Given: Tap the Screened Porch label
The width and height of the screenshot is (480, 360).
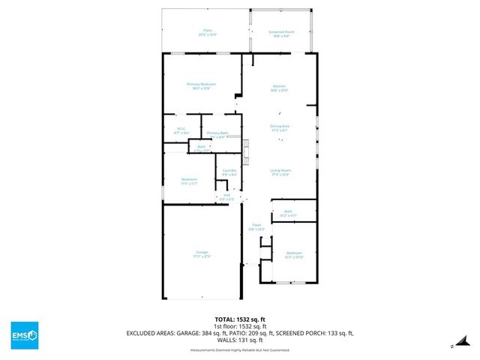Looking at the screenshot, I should point(281,32).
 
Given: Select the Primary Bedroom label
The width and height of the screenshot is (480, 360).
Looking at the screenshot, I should point(201,85).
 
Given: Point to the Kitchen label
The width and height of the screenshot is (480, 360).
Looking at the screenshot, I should point(279,88).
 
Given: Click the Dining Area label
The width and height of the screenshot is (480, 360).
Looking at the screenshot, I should point(280,126).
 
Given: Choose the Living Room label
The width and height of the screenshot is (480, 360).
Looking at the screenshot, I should point(280,171).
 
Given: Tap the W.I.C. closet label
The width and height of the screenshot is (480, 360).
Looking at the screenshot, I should point(181,129).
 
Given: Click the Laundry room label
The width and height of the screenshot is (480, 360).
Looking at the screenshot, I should point(229,171).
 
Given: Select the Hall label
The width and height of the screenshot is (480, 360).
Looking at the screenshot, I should point(226,195).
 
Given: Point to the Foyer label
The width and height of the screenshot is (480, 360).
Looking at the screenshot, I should point(256,225).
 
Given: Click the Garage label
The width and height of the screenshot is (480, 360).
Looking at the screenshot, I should point(202,253).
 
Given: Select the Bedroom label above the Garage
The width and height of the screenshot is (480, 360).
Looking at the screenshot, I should point(189,180).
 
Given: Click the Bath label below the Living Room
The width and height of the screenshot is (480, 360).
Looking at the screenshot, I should point(288,211).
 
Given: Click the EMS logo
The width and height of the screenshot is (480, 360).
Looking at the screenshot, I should point(25,332).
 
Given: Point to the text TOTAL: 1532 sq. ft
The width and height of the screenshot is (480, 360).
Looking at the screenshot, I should point(239,318).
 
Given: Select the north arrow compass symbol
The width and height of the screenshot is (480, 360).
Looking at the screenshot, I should point(453,346).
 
